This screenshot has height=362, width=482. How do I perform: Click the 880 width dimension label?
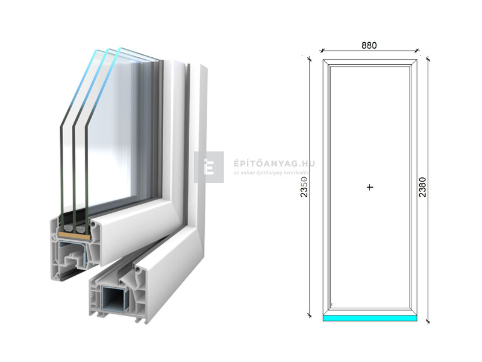tap(369, 45)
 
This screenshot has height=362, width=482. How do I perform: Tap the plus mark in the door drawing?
tap(370, 188)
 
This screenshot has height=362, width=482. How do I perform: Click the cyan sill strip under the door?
tap(369, 317)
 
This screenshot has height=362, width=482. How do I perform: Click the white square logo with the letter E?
tap(209, 167)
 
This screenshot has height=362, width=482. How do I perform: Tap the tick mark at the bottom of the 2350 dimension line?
tap(310, 314)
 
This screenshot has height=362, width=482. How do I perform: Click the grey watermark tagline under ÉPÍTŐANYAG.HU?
tap(271, 173)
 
